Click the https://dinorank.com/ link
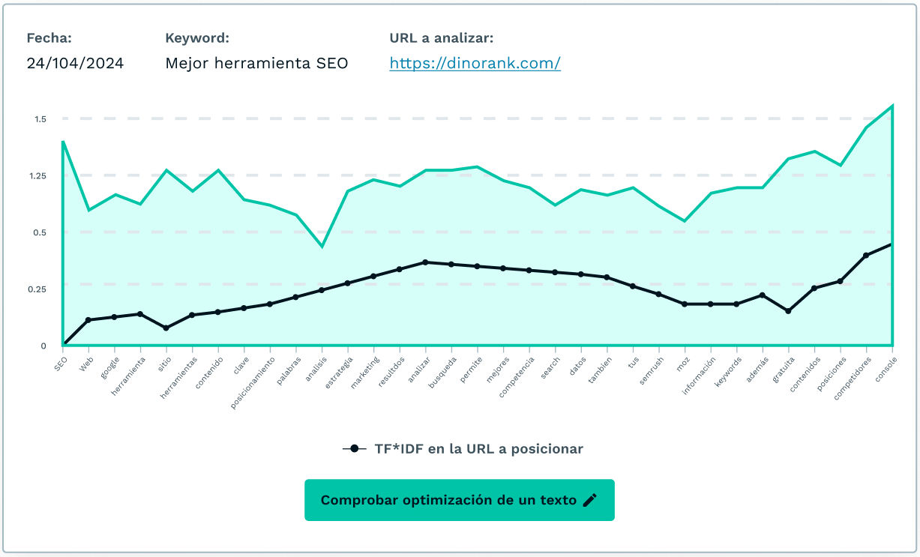475,64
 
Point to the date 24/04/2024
75,64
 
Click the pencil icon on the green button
590,500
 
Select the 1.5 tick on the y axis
40,119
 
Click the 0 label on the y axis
43,346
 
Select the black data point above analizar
425,262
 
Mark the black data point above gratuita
788,310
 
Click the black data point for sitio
166,328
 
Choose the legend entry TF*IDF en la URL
463,449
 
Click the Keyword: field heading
197,38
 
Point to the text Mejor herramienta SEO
256,64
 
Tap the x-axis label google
109,365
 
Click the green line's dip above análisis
322,246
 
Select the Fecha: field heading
49,38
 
